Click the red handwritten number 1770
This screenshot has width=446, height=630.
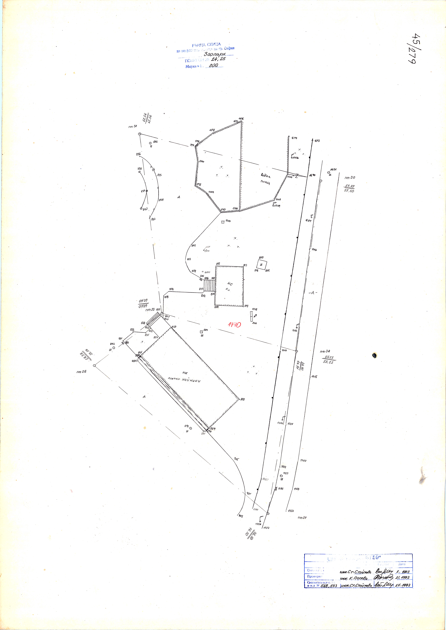pos(234,325)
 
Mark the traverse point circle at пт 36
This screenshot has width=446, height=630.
pos(94,366)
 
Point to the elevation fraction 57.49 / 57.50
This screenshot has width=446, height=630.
pos(349,188)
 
